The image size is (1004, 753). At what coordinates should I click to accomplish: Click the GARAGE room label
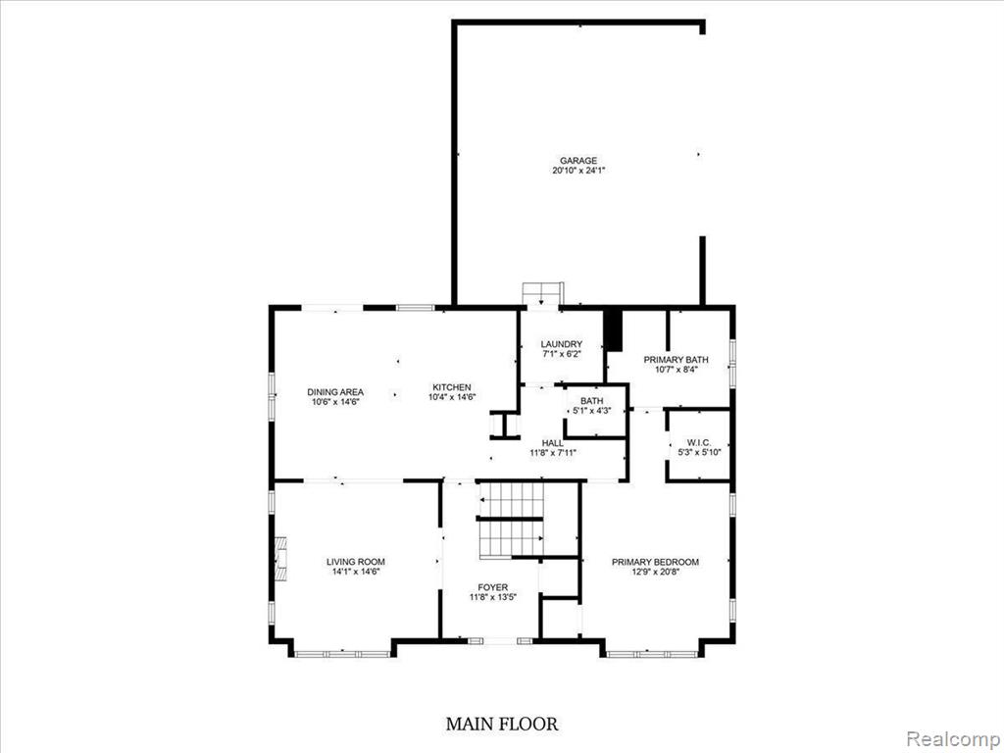(578, 161)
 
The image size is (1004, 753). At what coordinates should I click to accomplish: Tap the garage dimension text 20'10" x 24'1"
(578, 171)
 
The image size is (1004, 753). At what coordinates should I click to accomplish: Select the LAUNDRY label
(562, 344)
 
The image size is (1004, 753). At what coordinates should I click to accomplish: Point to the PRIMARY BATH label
(677, 360)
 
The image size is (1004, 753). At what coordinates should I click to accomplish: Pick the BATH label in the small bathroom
(591, 401)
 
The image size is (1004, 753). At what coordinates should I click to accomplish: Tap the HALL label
(553, 443)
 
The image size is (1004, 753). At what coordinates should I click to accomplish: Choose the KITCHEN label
(451, 387)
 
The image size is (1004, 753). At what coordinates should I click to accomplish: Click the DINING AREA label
(335, 392)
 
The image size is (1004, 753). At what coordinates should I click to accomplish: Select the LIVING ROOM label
(355, 562)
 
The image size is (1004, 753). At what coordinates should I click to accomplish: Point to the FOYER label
(492, 587)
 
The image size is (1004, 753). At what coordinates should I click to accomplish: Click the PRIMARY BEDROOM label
(655, 562)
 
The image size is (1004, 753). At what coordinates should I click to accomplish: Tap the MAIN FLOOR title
(501, 724)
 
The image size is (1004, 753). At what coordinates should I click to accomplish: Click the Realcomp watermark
(952, 738)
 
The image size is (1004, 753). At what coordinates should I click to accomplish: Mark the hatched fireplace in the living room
(281, 559)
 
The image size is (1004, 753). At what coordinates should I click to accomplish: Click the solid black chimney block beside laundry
(614, 329)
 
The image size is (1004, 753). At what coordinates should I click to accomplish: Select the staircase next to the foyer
(511, 520)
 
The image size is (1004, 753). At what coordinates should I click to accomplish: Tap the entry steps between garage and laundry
(542, 294)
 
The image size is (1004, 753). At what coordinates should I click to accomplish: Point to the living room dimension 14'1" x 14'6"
(355, 572)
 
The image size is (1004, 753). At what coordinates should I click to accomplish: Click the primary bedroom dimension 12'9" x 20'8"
(655, 572)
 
